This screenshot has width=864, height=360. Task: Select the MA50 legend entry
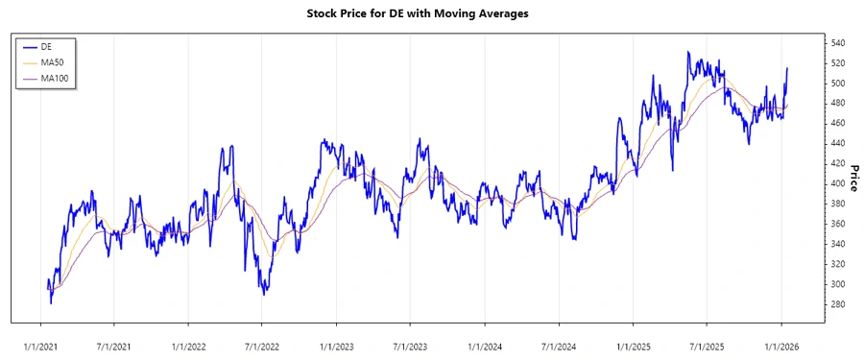[53, 61]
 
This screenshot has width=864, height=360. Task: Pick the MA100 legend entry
[55, 78]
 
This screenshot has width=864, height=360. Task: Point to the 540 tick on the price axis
[838, 43]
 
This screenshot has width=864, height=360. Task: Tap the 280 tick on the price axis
[838, 304]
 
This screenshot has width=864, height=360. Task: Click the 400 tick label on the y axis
[838, 183]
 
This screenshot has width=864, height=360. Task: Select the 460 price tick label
[838, 123]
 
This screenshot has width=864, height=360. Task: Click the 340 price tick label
[838, 244]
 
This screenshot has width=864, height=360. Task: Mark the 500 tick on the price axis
[838, 84]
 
